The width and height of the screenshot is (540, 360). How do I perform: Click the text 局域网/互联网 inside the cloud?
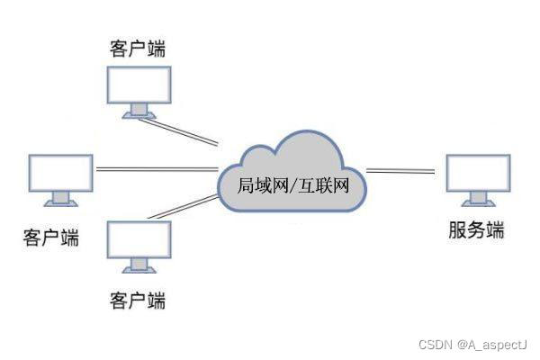[292, 186]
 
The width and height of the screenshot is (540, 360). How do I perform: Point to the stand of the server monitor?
[478, 200]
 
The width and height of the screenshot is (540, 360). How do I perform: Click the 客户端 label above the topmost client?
[137, 47]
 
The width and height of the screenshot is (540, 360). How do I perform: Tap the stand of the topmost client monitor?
[139, 111]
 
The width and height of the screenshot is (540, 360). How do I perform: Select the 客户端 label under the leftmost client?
[50, 238]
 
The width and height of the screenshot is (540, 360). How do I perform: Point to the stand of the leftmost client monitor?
[60, 199]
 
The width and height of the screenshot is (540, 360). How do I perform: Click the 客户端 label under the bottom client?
[137, 298]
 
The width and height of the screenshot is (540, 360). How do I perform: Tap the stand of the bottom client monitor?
[139, 265]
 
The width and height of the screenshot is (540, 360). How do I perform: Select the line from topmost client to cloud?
[184, 131]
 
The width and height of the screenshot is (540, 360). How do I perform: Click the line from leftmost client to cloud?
[157, 170]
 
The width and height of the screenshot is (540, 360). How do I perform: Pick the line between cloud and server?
[400, 170]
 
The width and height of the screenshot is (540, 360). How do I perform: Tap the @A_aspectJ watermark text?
[491, 345]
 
